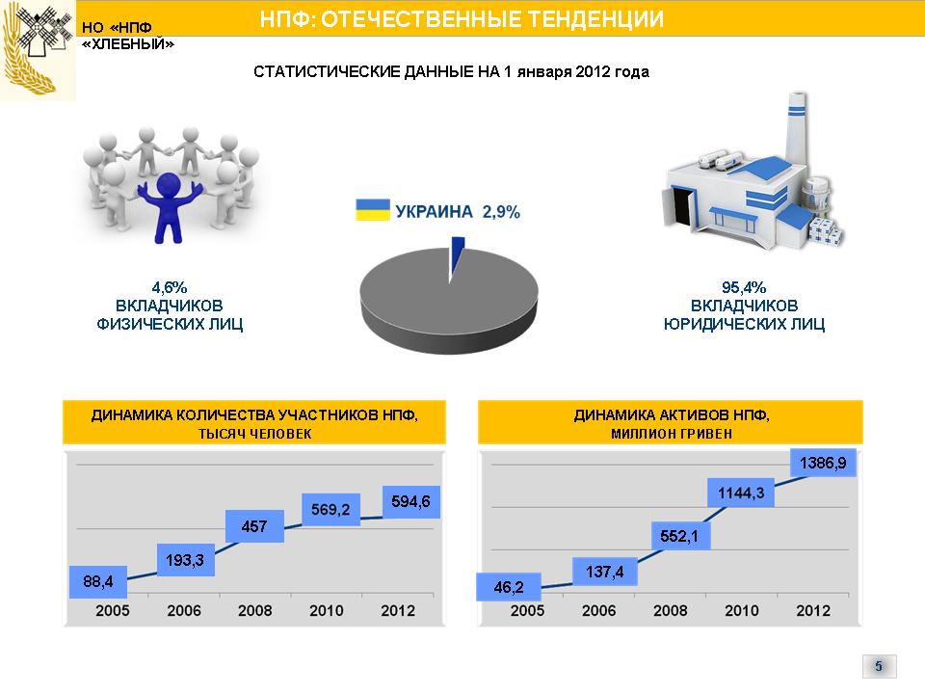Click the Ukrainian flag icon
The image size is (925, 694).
(373, 210)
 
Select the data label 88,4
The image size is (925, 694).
(98, 582)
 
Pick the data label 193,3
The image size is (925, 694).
(185, 560)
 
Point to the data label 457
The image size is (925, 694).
(254, 526)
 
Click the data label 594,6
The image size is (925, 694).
(411, 501)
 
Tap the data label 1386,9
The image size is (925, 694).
(823, 463)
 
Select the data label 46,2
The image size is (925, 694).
(509, 587)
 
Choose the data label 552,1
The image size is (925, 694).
(680, 536)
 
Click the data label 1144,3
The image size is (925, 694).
(741, 493)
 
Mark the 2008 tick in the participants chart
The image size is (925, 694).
(254, 611)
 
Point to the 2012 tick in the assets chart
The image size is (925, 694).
(813, 611)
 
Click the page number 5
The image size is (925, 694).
(879, 666)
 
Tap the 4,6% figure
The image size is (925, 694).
(170, 287)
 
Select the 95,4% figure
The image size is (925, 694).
(744, 287)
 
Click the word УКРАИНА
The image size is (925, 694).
(435, 211)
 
